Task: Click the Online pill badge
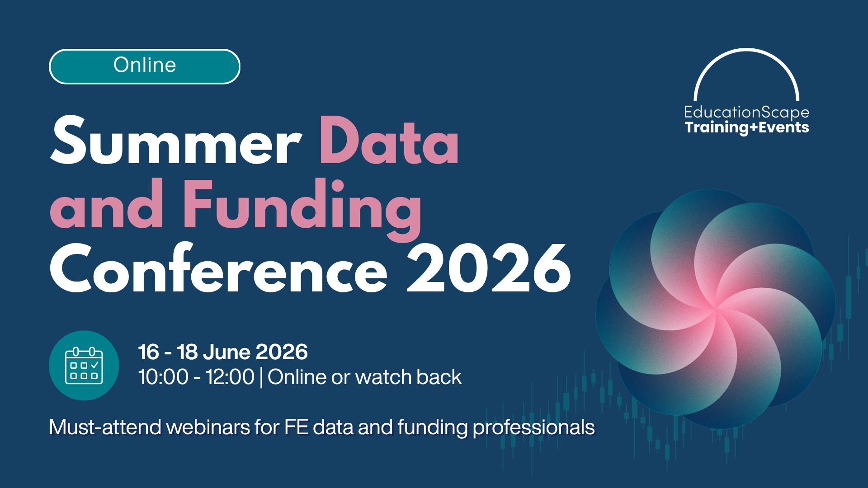point(144,66)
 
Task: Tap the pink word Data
point(389,141)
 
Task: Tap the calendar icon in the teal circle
point(84,366)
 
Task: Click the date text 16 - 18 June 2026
point(222,352)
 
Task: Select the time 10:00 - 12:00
point(196,377)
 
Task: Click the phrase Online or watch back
point(364,377)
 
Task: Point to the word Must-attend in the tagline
point(105,427)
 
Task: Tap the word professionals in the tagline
point(533,427)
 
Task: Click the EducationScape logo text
point(746,112)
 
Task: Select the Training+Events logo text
point(746,127)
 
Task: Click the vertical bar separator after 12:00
point(261,377)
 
